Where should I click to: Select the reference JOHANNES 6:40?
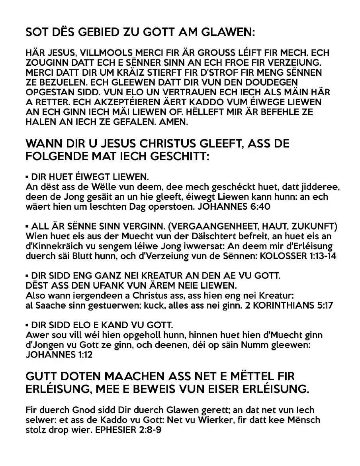tap(233, 206)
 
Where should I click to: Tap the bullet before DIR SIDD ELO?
tap(27, 325)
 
